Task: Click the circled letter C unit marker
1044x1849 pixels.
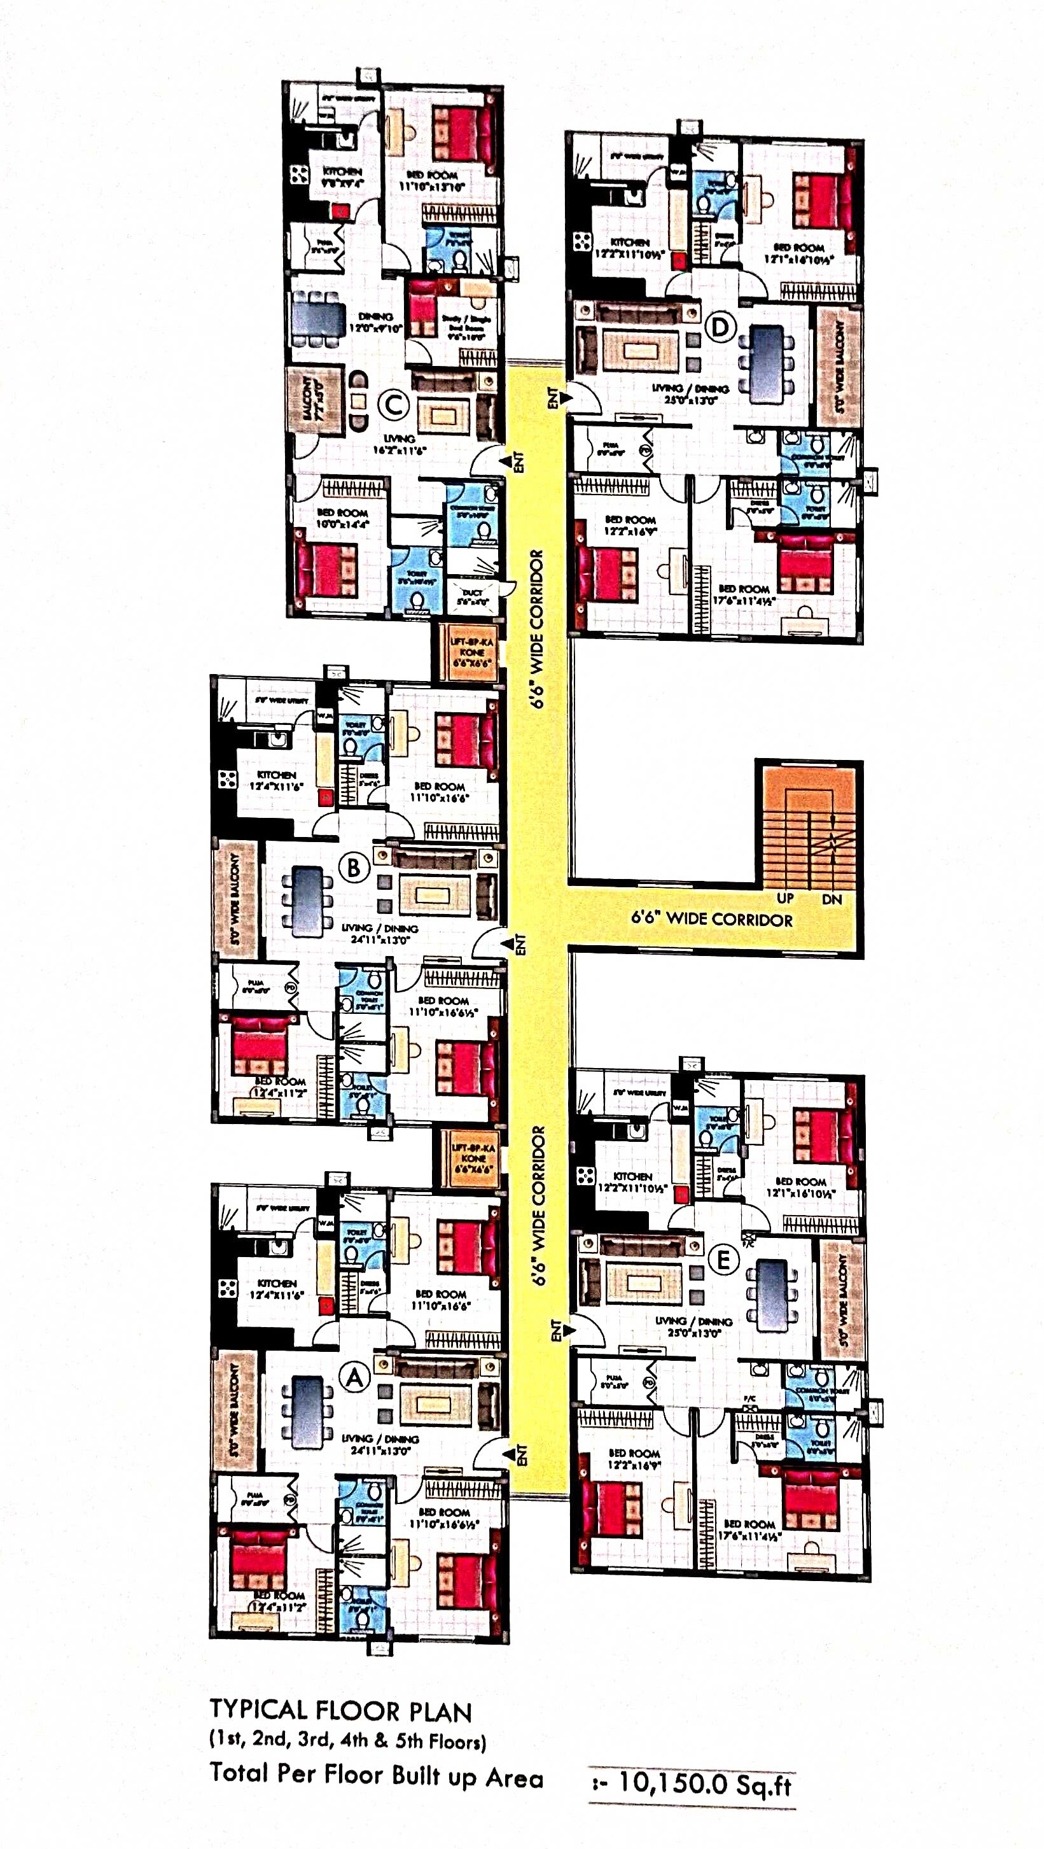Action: tap(393, 405)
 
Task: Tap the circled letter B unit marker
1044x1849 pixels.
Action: tap(354, 868)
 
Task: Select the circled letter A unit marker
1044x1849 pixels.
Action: tap(354, 1377)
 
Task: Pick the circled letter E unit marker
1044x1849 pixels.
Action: tap(723, 1260)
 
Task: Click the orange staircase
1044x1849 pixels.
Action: tap(809, 829)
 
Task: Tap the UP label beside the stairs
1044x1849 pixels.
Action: tap(785, 898)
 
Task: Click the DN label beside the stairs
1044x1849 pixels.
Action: tap(832, 898)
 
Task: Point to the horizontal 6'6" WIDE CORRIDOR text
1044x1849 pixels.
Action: tap(712, 920)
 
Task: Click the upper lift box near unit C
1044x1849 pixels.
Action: tap(472, 652)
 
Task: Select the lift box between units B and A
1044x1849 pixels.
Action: tap(472, 1158)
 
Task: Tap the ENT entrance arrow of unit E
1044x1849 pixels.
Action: tap(563, 1330)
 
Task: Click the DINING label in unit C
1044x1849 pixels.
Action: tap(375, 316)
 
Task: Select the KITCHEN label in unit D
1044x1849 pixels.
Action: tap(629, 243)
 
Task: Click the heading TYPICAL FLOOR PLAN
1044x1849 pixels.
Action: tap(340, 1711)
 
